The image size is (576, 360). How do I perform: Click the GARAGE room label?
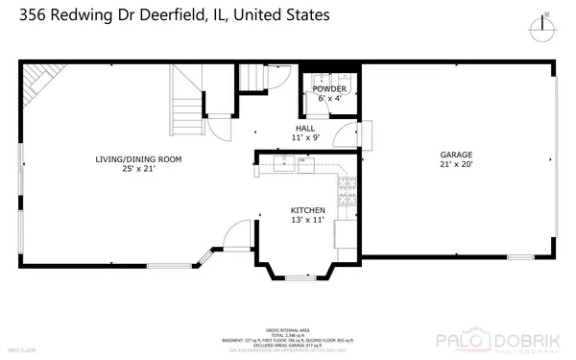(x=456, y=155)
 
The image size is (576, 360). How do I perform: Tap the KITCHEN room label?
(x=308, y=210)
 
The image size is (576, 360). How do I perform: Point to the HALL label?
(x=305, y=129)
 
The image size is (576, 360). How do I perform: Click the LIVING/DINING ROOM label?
(x=138, y=159)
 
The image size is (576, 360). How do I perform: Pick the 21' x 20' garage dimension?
(x=456, y=164)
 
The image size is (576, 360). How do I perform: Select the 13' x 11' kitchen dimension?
(x=308, y=220)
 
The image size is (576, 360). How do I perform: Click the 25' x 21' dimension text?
(x=138, y=169)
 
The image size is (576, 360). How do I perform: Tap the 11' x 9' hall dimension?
(x=305, y=138)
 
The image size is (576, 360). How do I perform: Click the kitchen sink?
(x=284, y=165)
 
